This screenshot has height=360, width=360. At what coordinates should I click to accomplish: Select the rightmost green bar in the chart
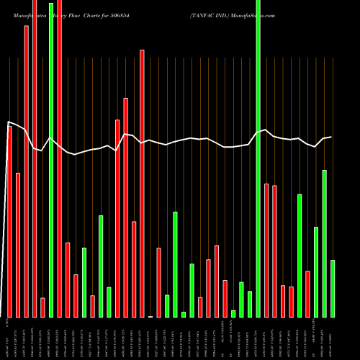pos(333,288)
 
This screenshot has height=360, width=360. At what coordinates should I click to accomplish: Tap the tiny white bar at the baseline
pos(150,316)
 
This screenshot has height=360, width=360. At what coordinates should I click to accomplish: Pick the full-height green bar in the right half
pos(258,158)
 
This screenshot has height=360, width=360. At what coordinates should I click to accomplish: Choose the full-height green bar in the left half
pos(51,158)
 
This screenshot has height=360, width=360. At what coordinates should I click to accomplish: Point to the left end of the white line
pos(8,122)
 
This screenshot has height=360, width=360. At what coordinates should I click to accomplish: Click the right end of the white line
pos(331,137)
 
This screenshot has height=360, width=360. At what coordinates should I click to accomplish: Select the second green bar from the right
pos(325,243)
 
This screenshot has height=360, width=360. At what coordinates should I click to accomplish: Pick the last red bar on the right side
pos(307,294)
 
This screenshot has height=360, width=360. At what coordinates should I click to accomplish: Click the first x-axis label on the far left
pos(9,338)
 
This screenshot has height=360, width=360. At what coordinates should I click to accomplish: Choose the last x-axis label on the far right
pos(333,338)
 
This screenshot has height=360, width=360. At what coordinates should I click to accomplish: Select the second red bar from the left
pos(18,245)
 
